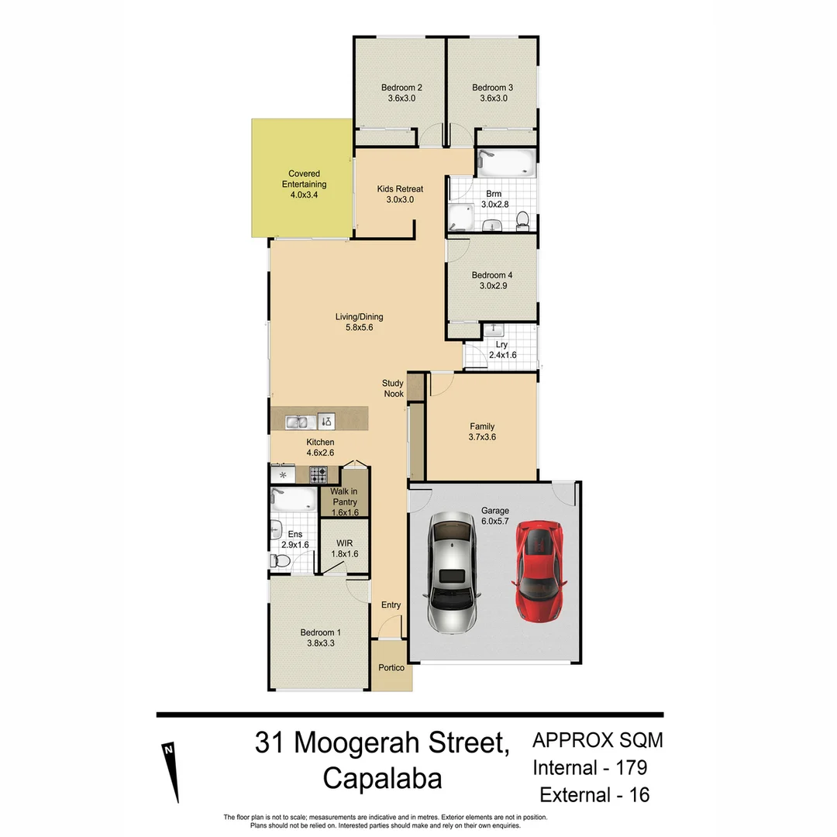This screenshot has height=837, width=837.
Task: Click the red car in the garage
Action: (539, 571)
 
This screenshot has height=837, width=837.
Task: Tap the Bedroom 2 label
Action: (401, 88)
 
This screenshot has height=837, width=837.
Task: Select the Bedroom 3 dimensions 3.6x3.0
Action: (493, 98)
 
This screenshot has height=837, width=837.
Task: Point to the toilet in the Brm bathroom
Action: (522, 220)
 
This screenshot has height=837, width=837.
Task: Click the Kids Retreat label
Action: (400, 188)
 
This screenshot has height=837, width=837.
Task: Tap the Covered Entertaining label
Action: (304, 179)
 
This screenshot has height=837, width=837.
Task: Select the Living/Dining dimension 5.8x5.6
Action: (359, 328)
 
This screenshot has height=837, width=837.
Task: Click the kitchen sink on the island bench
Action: (298, 422)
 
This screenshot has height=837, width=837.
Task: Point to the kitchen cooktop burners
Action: (319, 474)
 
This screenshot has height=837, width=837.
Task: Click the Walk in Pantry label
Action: (343, 497)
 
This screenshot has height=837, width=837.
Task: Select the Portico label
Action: (391, 668)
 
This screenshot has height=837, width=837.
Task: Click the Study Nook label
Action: (394, 388)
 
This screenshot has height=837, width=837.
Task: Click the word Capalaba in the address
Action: (382, 777)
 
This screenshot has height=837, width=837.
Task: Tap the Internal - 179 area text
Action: (589, 768)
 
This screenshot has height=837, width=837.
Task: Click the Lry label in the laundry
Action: (502, 344)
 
